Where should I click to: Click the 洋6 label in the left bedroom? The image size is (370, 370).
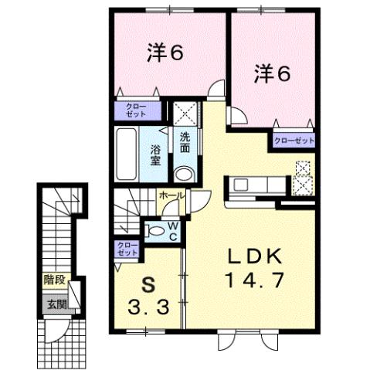[x=165, y=53]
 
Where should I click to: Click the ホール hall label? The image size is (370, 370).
[x=171, y=196]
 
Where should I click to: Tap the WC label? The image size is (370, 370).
[x=174, y=230]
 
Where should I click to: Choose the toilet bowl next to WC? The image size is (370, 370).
[x=155, y=229]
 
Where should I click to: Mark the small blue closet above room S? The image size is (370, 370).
[x=127, y=249]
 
